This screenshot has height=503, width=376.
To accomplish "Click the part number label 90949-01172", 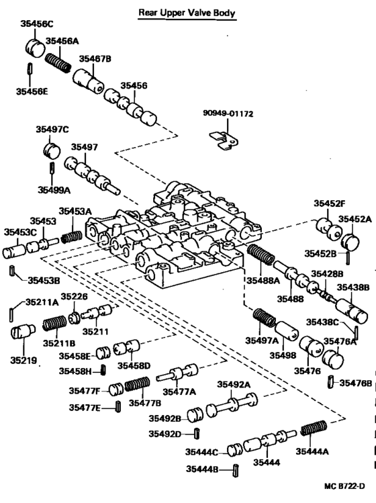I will click(x=228, y=114).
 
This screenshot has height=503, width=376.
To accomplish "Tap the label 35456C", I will click(x=36, y=24).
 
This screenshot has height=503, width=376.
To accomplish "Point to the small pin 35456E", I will click(x=30, y=68).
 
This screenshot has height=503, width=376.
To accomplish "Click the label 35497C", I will click(x=52, y=129).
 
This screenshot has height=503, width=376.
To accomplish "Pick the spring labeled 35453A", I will click(x=70, y=236).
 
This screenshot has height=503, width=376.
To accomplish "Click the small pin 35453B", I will click(x=13, y=271).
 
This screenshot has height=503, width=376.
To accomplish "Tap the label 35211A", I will click(x=42, y=302).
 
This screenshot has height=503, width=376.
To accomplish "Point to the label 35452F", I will click(x=328, y=203).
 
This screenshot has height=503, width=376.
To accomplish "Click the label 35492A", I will click(x=233, y=384).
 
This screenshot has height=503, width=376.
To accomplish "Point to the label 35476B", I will click(x=357, y=383).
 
